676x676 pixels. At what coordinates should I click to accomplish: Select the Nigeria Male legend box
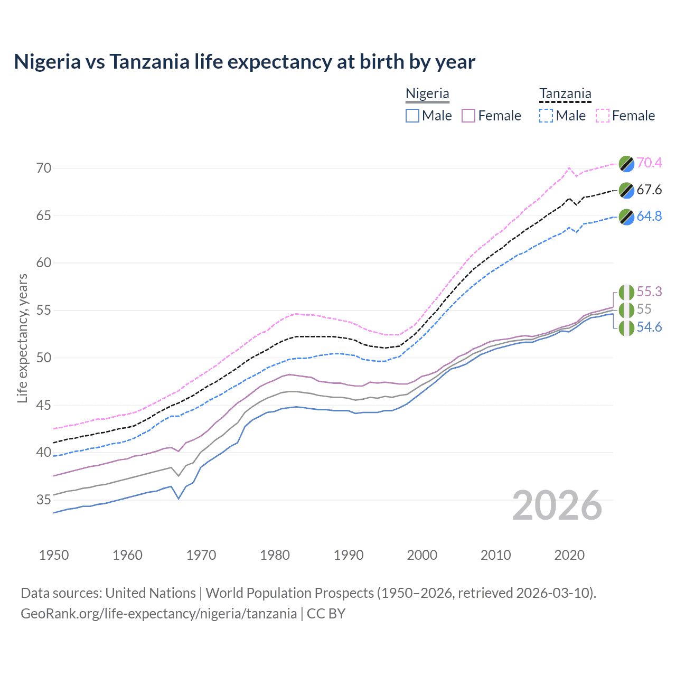click(x=412, y=116)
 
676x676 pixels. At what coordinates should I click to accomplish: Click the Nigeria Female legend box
click(x=468, y=116)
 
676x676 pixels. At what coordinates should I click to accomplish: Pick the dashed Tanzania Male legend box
click(x=546, y=116)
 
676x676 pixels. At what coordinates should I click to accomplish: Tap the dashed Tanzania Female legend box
click(x=603, y=116)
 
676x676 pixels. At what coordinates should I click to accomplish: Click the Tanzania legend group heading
click(x=565, y=94)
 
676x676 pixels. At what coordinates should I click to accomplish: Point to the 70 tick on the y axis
click(x=44, y=168)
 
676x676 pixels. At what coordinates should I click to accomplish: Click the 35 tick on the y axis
click(x=44, y=500)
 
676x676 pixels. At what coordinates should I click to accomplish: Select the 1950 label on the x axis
click(x=54, y=555)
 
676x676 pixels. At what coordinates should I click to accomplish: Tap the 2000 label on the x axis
click(x=422, y=555)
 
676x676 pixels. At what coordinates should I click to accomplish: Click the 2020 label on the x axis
click(x=569, y=555)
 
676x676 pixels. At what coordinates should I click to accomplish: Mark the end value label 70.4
click(x=649, y=163)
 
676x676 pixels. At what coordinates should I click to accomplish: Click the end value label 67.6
click(x=649, y=190)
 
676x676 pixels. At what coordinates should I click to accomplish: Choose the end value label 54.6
click(x=649, y=327)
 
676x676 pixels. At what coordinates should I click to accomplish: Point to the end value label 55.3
click(x=649, y=292)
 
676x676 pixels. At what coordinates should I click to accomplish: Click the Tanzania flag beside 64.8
click(x=626, y=217)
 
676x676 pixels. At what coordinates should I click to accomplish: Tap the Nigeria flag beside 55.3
click(x=626, y=292)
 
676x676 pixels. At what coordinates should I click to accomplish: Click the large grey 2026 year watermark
click(x=557, y=505)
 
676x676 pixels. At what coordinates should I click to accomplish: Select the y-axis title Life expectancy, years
click(x=22, y=338)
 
